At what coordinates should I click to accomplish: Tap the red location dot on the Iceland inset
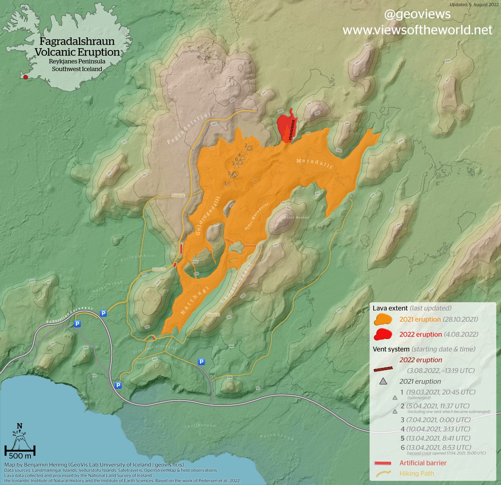(x=26, y=77)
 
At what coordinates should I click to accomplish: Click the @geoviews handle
(x=417, y=14)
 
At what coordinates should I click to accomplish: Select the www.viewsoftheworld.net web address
(x=417, y=30)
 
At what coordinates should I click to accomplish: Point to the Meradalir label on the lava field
(x=314, y=163)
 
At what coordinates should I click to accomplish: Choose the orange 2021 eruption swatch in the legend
(x=383, y=320)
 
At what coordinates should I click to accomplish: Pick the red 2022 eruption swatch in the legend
(x=383, y=334)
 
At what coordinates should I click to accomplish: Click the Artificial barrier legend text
(x=423, y=463)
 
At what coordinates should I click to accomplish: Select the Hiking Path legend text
(x=416, y=473)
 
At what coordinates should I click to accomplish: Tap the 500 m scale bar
(x=20, y=451)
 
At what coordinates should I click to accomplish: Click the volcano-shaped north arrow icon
(x=20, y=436)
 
